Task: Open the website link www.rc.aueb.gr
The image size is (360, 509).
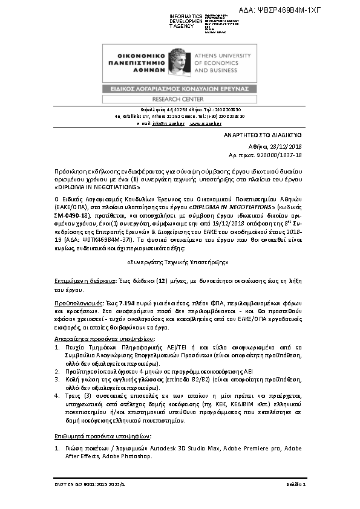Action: coord(208,123)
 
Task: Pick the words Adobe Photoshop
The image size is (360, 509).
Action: coord(129,456)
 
